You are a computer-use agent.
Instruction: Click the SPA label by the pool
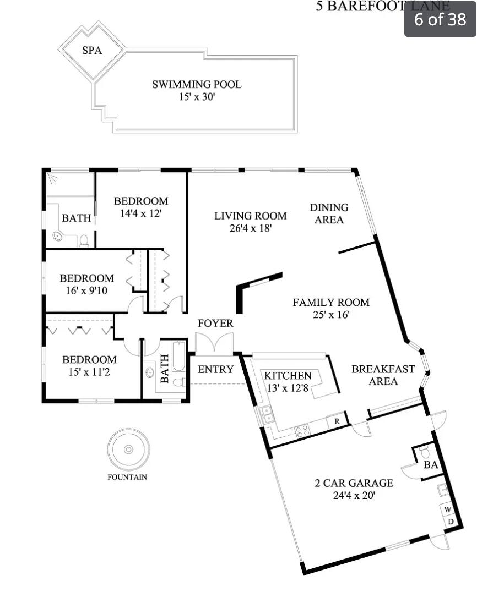(x=92, y=51)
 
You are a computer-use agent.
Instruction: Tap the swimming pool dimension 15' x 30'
(x=197, y=97)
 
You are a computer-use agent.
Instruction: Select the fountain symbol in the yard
(x=128, y=450)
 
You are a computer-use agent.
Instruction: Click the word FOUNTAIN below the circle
(x=127, y=478)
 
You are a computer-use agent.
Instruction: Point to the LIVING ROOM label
(x=250, y=216)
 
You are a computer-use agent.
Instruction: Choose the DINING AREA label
(x=329, y=213)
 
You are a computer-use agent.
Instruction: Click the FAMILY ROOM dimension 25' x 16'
(x=330, y=315)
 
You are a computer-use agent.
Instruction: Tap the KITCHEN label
(x=288, y=376)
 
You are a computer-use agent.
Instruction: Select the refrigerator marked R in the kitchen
(x=336, y=421)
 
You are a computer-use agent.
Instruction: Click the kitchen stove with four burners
(x=303, y=431)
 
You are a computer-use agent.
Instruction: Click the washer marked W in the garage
(x=447, y=509)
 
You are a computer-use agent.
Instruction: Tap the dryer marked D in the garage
(x=449, y=521)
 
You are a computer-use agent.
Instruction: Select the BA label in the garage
(x=430, y=465)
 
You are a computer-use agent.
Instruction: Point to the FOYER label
(x=215, y=324)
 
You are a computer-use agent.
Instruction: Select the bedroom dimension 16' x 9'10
(x=86, y=290)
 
